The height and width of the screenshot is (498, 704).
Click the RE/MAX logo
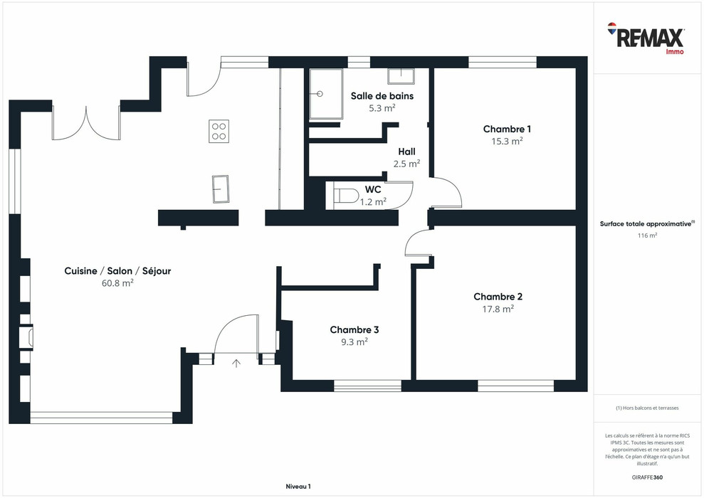pos(646,38)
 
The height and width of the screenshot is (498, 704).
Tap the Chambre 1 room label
pos(507,129)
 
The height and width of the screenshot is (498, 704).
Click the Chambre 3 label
pos(354,329)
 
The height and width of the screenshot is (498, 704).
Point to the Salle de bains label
pos(382,95)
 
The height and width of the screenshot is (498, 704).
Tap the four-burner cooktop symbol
pos(219,131)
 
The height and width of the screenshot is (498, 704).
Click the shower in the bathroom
pos(325,93)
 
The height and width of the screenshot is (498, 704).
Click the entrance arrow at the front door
pos(236,364)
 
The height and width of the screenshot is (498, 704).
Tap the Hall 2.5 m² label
pos(406,157)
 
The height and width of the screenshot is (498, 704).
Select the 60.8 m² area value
pos(117,282)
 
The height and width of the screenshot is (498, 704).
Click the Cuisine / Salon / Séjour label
pos(117,270)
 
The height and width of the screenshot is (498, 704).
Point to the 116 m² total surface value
pos(647,235)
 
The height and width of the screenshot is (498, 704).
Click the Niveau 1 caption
pos(298,487)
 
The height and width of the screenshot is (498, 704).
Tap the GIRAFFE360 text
pos(647,477)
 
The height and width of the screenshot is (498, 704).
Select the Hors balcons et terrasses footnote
pos(647,408)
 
